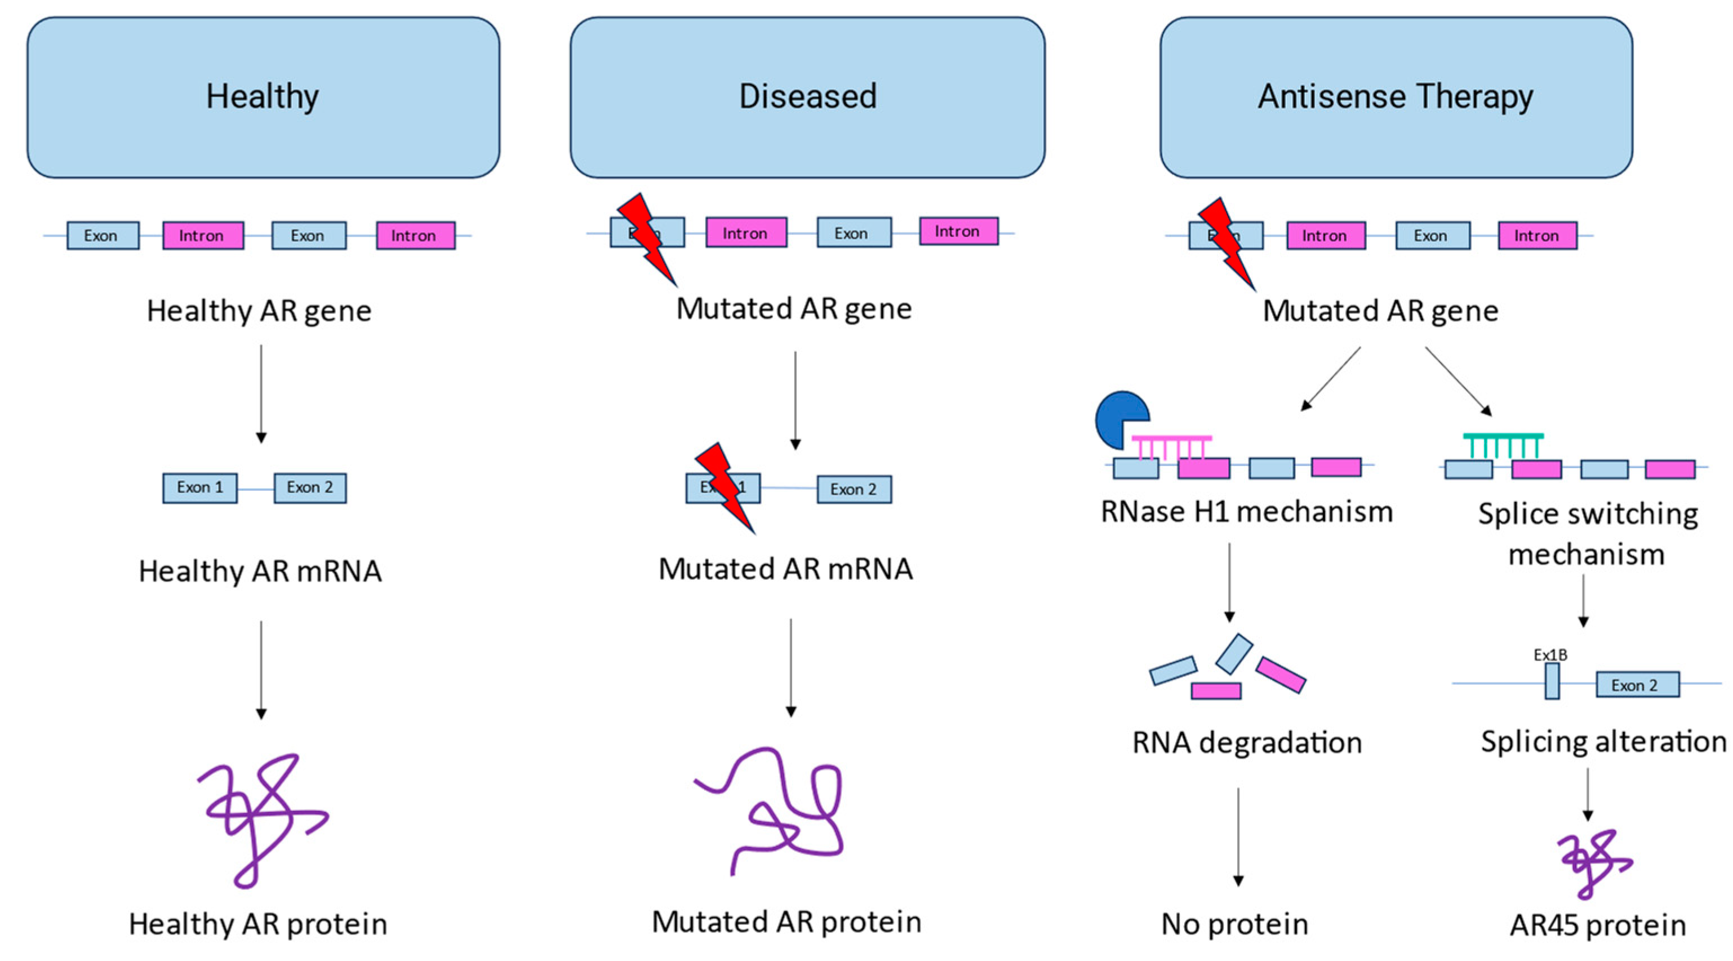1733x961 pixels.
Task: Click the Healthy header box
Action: point(263,98)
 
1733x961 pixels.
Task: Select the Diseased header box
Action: point(807,98)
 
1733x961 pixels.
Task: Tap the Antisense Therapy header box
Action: point(1396,98)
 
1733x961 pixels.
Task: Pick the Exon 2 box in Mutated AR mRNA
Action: point(854,490)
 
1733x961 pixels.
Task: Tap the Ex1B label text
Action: point(1550,655)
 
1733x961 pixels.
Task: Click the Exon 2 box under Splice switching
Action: point(1637,685)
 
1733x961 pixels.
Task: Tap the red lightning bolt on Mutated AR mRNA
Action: point(725,486)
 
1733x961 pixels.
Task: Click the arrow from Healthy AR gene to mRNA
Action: point(261,393)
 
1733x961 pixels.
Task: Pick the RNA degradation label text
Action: point(1247,743)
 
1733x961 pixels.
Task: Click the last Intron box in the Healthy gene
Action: point(415,236)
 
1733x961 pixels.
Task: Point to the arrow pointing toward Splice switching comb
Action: point(1457,380)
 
